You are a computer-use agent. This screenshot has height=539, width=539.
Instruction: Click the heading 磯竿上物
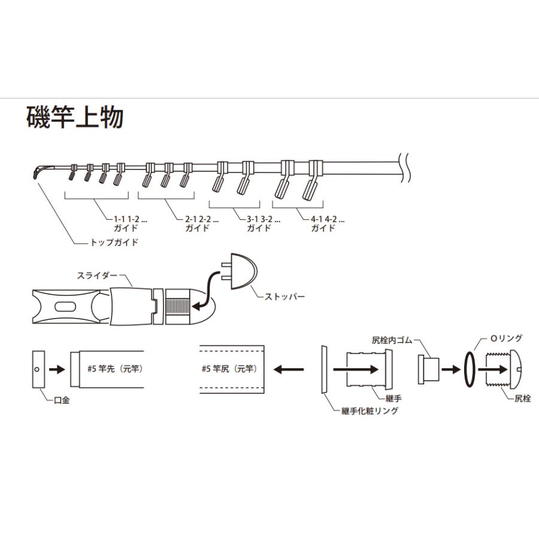point(75,118)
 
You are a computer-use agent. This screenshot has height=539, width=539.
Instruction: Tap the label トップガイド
point(114,243)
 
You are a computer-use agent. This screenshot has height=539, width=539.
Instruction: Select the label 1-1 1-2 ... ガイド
point(125,224)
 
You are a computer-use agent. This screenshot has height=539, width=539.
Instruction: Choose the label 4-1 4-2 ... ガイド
point(323,224)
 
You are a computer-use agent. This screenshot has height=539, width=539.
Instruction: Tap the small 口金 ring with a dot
point(37,370)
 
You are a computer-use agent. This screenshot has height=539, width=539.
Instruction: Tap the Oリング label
point(506,338)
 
